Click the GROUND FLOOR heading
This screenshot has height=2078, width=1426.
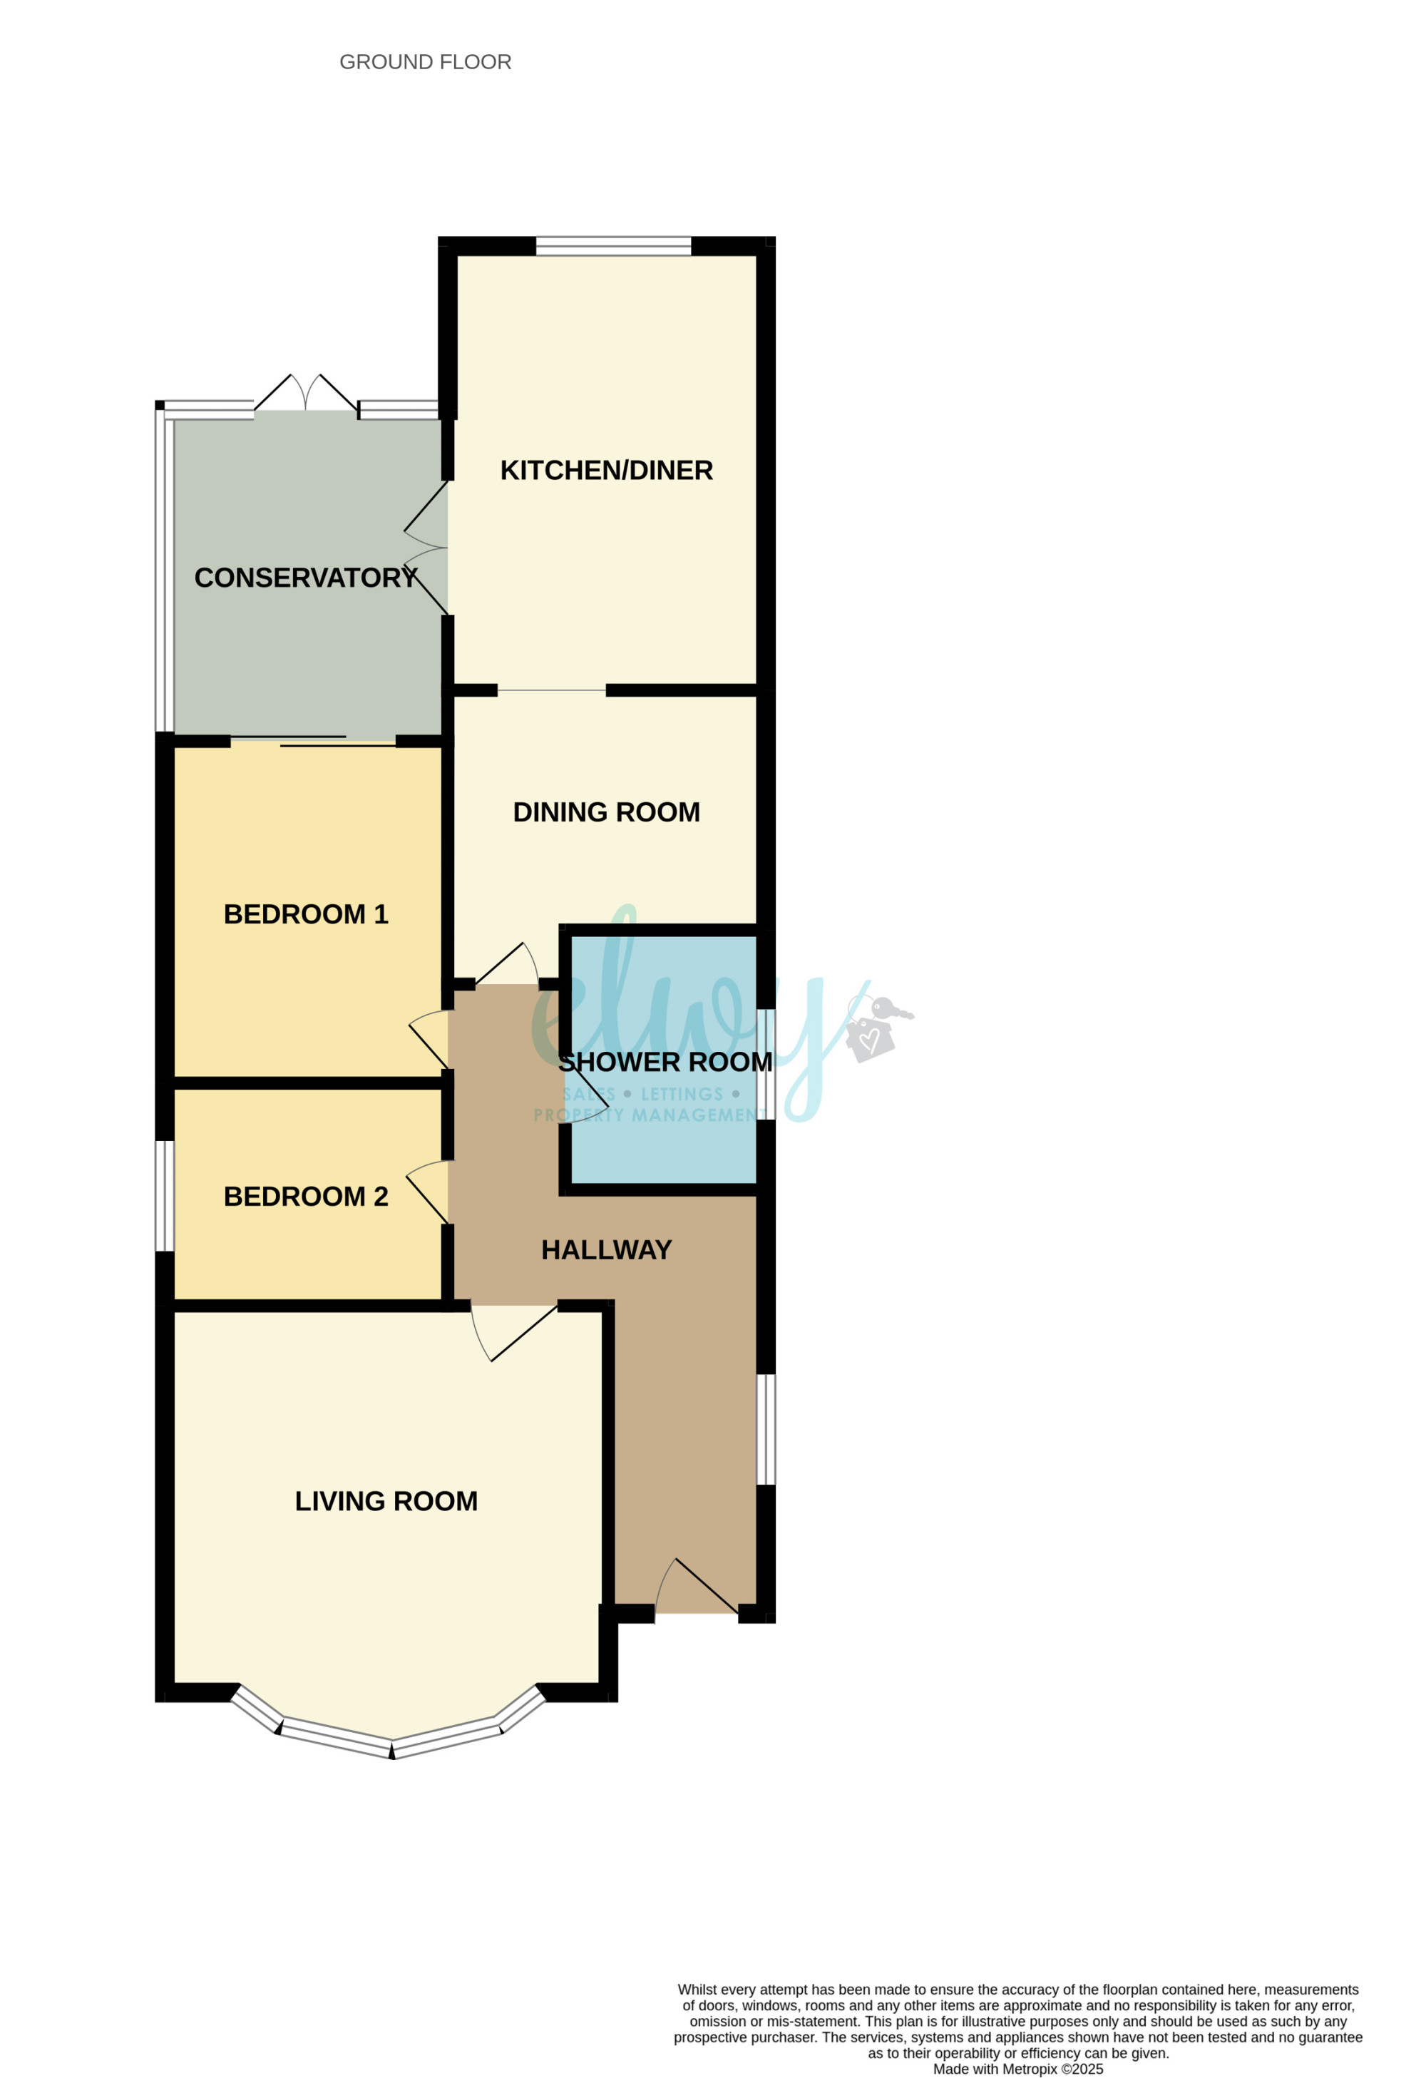point(425,62)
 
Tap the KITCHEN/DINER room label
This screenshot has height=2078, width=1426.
point(606,471)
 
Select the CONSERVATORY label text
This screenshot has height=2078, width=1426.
point(306,578)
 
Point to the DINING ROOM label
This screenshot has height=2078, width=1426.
point(606,812)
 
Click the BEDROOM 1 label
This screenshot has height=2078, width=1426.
point(306,913)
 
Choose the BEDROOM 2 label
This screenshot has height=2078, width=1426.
point(306,1197)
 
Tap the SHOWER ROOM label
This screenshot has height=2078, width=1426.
point(665,1063)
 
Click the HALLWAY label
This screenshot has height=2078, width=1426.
point(606,1250)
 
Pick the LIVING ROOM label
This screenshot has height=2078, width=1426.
point(386,1501)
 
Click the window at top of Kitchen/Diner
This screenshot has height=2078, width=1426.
point(613,246)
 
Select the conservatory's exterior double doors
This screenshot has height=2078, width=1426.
point(306,394)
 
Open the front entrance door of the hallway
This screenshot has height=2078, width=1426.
point(697,1587)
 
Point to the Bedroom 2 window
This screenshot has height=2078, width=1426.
point(165,1195)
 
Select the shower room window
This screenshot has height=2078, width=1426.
point(766,1064)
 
